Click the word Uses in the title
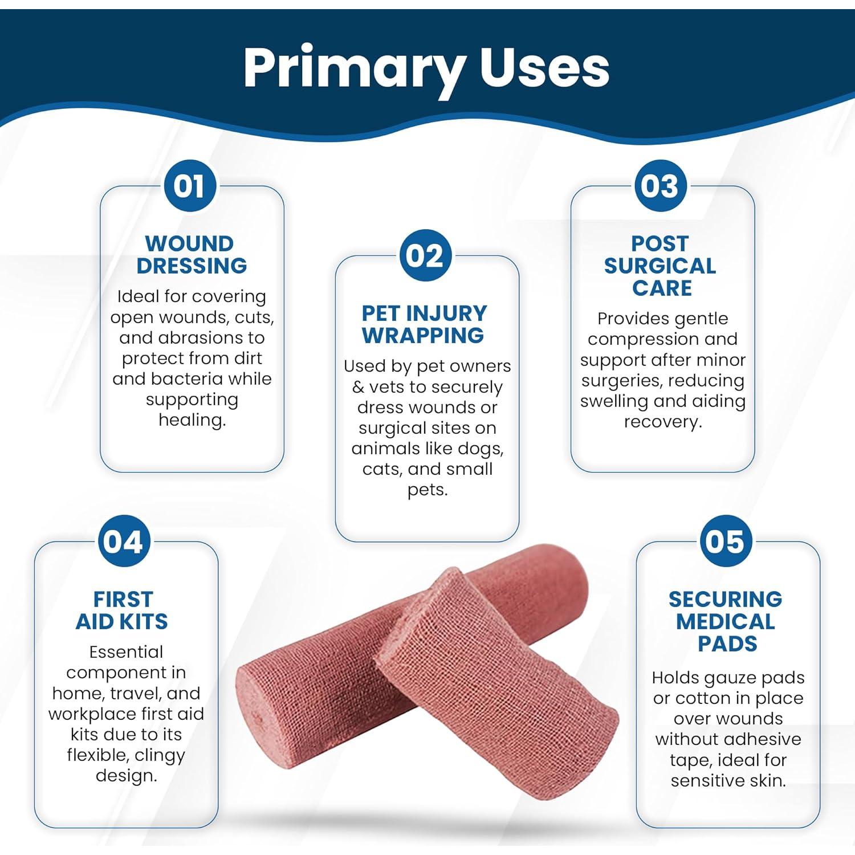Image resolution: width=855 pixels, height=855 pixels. [545, 67]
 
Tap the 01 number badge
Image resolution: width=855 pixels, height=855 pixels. [190, 186]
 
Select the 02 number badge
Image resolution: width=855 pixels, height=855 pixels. [425, 255]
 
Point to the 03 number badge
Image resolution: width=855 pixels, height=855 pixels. [661, 186]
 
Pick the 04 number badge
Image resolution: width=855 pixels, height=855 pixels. [124, 541]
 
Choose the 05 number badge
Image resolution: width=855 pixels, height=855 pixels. [726, 541]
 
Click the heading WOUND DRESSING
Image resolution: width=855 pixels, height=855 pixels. [191, 255]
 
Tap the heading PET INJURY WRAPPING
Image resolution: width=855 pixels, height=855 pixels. [424, 324]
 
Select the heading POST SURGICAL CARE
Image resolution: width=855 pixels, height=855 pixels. [661, 266]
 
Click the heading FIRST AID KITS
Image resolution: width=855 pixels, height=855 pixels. [123, 610]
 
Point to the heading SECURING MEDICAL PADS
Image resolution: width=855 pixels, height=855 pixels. [726, 621]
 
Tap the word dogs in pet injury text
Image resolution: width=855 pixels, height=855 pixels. [480, 450]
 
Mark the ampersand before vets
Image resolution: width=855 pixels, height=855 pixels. [358, 388]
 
